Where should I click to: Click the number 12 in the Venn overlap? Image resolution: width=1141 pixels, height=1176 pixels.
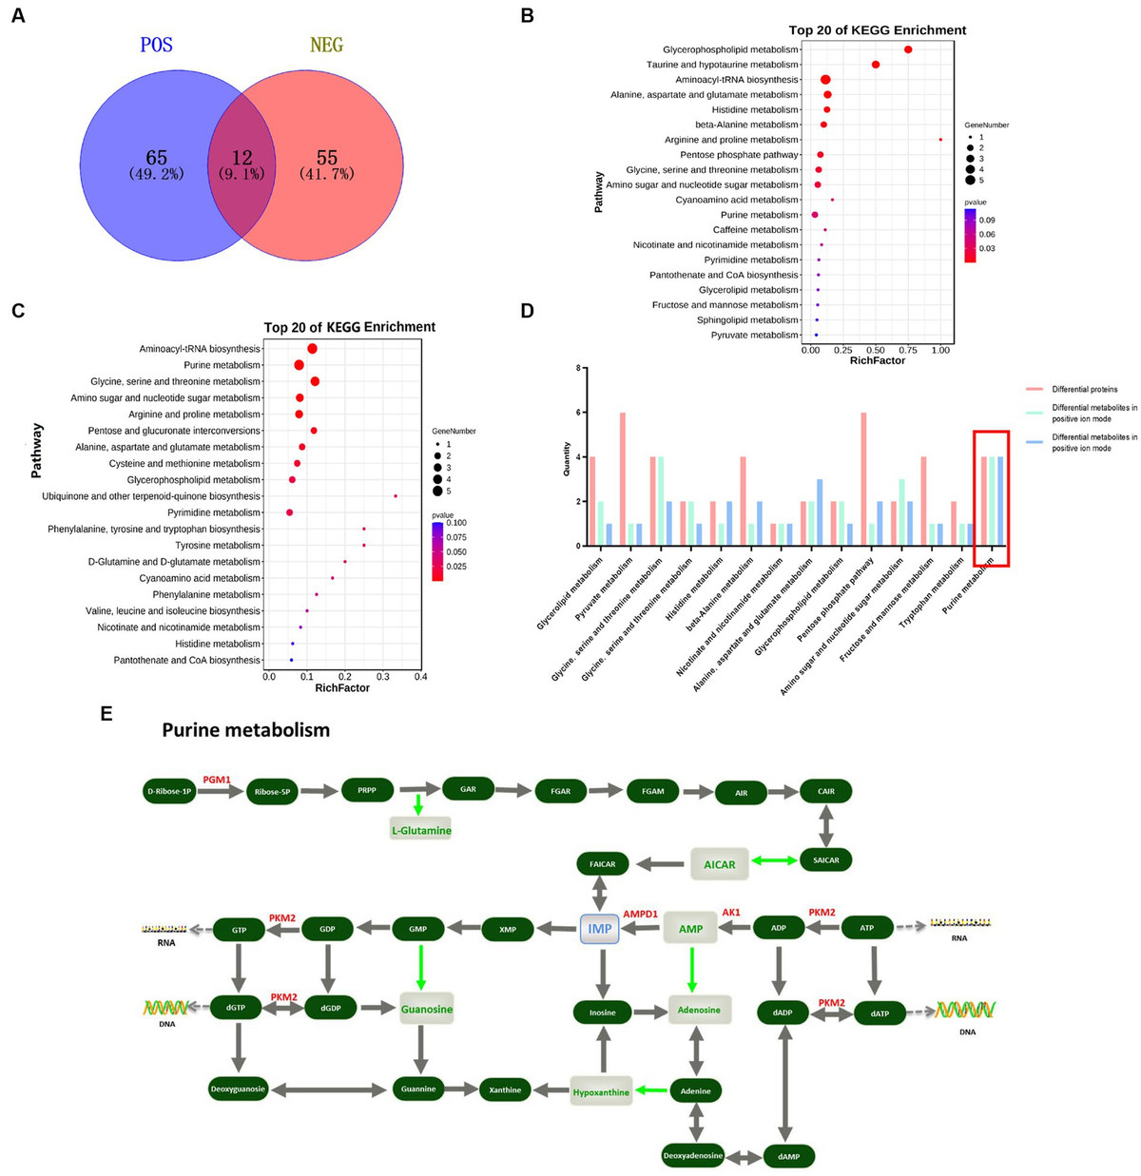[x=242, y=158]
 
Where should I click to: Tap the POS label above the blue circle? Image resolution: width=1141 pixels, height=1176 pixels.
[x=157, y=45]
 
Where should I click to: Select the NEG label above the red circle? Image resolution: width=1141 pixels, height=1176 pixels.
[x=326, y=45]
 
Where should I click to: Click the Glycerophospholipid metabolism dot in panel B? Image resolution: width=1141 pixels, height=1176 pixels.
[x=908, y=49]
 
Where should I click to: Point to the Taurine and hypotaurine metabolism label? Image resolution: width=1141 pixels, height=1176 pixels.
[x=723, y=65]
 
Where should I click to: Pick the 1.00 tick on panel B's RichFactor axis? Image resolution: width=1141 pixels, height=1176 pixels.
[x=940, y=350]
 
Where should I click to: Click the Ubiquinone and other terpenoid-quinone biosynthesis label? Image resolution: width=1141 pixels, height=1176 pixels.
[x=151, y=496]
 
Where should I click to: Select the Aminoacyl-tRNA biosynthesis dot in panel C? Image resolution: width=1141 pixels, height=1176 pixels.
[x=312, y=349]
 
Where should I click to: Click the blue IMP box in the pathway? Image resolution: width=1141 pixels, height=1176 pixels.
[x=600, y=929]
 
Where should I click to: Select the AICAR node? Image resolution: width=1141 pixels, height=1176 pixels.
[x=720, y=864]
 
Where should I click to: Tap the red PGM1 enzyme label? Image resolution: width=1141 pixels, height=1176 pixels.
[x=217, y=780]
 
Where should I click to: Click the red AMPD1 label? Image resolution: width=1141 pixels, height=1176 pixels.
[x=640, y=914]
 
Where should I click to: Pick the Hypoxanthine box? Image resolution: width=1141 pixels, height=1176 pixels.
[x=601, y=1092]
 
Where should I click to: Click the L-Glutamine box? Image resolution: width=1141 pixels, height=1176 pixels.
[x=421, y=830]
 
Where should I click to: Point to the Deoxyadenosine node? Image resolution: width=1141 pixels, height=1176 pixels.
[x=693, y=1156]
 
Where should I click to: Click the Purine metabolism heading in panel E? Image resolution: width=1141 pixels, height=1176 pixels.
[x=245, y=730]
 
